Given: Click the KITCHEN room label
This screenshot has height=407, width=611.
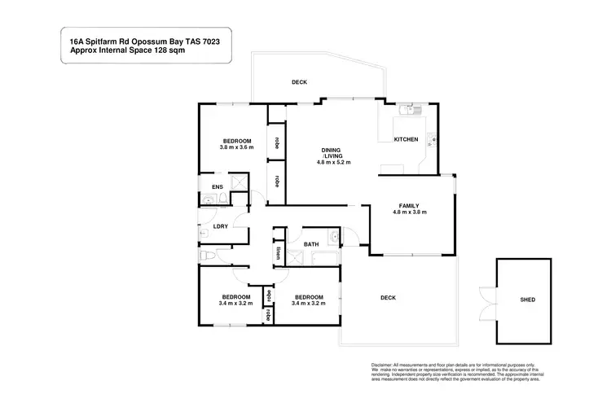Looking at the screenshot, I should click(x=406, y=139).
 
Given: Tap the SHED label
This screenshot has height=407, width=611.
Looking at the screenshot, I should click(x=528, y=300).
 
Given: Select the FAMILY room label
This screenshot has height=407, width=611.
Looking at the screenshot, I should click(x=410, y=205).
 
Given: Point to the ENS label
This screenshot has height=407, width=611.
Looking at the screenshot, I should click(x=217, y=187).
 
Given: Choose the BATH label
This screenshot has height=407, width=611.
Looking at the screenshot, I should click(x=311, y=244).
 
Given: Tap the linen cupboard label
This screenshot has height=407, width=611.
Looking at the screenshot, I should click(x=279, y=252).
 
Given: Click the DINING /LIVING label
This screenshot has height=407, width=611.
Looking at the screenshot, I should click(x=331, y=152).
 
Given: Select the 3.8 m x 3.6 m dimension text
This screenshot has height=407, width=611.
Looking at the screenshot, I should click(x=237, y=147).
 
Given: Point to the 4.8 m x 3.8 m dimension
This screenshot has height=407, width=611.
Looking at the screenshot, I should click(x=410, y=212).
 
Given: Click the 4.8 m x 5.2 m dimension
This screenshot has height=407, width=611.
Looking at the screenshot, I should click(x=334, y=163).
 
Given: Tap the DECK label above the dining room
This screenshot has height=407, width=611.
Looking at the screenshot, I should click(x=301, y=82).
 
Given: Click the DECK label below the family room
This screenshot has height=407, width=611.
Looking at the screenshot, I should click(x=388, y=298).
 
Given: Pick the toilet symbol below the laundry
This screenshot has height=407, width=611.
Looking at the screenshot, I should click(x=209, y=256).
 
